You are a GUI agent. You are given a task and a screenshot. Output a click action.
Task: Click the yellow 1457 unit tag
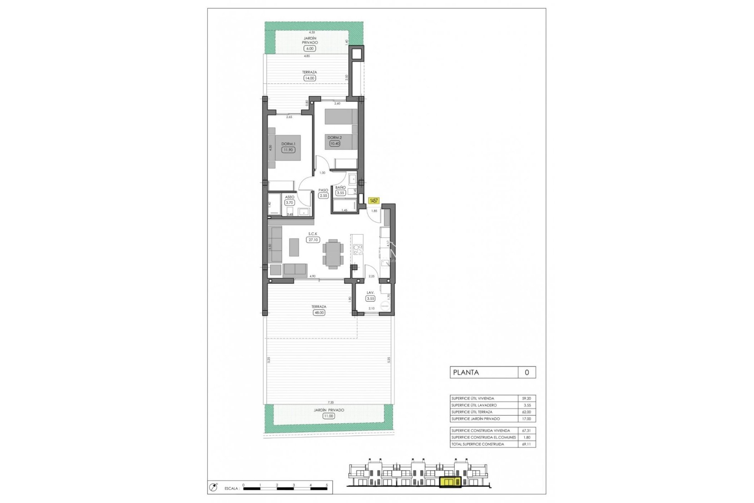pyautogui.click(x=373, y=201)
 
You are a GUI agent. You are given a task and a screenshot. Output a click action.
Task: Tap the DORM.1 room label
pyautogui.click(x=288, y=144)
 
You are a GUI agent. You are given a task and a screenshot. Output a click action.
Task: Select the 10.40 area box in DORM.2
pyautogui.click(x=335, y=143)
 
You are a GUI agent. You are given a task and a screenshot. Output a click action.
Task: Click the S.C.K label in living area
pyautogui.click(x=313, y=234)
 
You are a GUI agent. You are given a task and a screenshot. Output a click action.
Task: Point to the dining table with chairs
pyautogui.click(x=333, y=254)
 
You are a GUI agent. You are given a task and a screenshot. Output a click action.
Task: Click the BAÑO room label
pyautogui.click(x=340, y=187)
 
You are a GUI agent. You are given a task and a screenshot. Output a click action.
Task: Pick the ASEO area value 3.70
pyautogui.click(x=289, y=203)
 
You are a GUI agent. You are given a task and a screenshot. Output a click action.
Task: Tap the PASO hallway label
pyautogui.click(x=323, y=190)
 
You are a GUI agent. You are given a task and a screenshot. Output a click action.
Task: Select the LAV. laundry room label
pyautogui.click(x=370, y=293)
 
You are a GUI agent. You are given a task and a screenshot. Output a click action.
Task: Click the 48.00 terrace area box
pyautogui.click(x=319, y=313)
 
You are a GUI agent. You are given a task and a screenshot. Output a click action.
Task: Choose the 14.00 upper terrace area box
pyautogui.click(x=309, y=78)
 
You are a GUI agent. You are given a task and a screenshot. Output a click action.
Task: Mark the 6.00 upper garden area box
pyautogui.click(x=310, y=49)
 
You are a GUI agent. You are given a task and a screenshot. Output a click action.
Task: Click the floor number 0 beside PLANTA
pyautogui.click(x=527, y=373)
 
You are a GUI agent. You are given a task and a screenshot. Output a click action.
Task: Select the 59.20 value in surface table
pyautogui.click(x=526, y=398)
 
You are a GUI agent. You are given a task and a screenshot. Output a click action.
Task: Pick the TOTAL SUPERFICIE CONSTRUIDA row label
pyautogui.click(x=478, y=444)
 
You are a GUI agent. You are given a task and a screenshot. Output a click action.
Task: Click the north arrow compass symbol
pyautogui.click(x=214, y=488)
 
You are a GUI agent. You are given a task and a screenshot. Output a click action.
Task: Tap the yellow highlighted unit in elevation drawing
pyautogui.click(x=450, y=482)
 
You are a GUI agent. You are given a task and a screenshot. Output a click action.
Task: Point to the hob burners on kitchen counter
pyautogui.click(x=357, y=250)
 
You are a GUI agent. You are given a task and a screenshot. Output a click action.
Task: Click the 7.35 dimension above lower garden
pyautogui.click(x=331, y=402)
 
